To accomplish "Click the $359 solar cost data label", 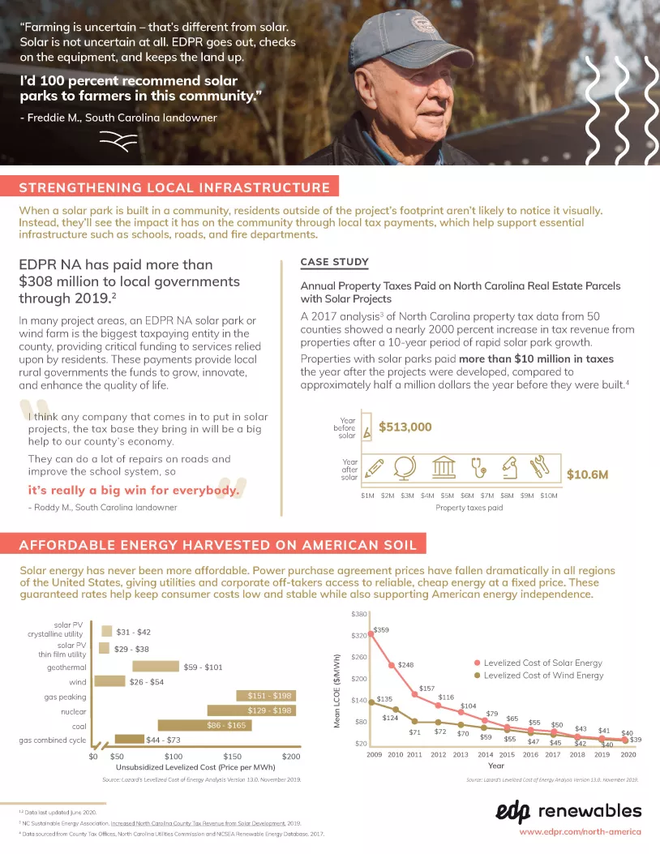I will tap(381, 630).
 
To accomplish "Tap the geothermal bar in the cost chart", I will tap(156, 667).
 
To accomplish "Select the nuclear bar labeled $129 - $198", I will tap(251, 710).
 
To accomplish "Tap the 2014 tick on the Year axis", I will tap(485, 754).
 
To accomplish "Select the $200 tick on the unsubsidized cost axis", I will tap(291, 756).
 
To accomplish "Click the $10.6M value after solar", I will tap(587, 474).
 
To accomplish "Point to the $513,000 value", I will tap(405, 427).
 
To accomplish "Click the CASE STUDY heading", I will tap(335, 262).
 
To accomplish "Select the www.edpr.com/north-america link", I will tap(580, 832).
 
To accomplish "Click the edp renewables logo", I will tap(568, 812).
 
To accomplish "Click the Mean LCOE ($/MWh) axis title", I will tap(336, 691).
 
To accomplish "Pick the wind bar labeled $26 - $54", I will tap(109, 681).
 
